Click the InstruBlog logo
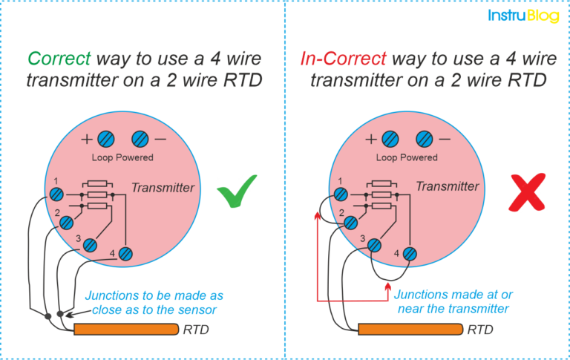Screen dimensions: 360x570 pyautogui.click(x=523, y=15)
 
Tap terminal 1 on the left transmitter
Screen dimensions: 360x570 pyautogui.click(x=56, y=194)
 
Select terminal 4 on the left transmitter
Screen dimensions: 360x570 pyautogui.click(x=125, y=254)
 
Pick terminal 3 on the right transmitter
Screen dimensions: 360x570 pyautogui.click(x=376, y=244)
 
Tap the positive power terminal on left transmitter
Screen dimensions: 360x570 pyautogui.click(x=106, y=139)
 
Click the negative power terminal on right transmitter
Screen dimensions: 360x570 pyautogui.click(x=424, y=139)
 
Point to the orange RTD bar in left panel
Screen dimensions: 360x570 pyautogui.click(x=125, y=329)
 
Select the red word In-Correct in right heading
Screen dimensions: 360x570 pyautogui.click(x=343, y=58)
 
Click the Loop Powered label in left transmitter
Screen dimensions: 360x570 pyautogui.click(x=122, y=157)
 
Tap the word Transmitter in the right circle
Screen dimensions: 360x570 pyautogui.click(x=448, y=187)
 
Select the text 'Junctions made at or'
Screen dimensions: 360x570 pyautogui.click(x=453, y=295)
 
